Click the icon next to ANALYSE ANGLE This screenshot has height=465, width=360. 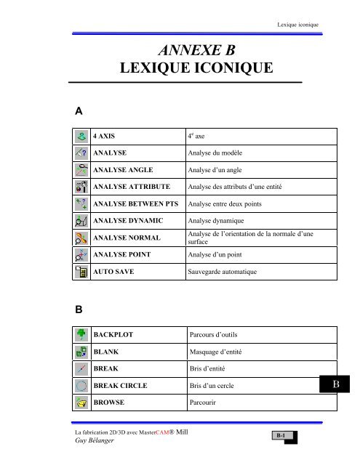click(81, 171)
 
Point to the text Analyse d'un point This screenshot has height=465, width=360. click(217, 255)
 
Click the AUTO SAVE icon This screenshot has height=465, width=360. click(81, 272)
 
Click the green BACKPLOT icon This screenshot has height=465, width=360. click(81, 336)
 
